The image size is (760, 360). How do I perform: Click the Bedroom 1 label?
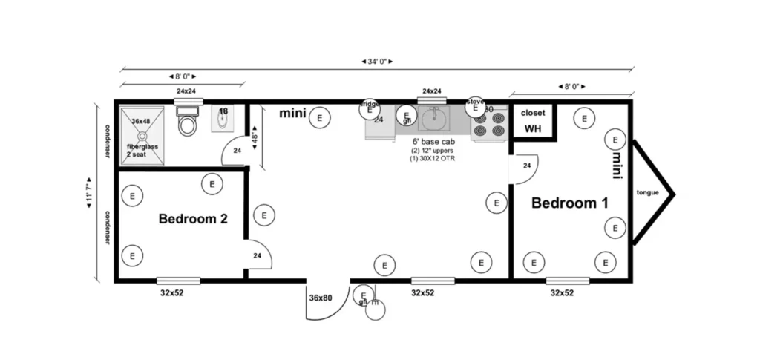pyautogui.click(x=565, y=203)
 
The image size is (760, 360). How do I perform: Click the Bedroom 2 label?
pyautogui.click(x=192, y=219)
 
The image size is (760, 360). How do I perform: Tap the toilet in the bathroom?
pyautogui.click(x=188, y=123)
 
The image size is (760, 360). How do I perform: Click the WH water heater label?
pyautogui.click(x=533, y=128)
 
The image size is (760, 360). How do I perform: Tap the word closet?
pyautogui.click(x=533, y=113)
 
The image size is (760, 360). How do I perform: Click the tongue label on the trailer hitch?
pyautogui.click(x=648, y=193)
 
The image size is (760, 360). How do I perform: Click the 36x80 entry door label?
pyautogui.click(x=320, y=298)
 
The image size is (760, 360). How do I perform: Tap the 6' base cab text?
pyautogui.click(x=433, y=141)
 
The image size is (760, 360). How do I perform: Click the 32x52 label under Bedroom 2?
pyautogui.click(x=172, y=293)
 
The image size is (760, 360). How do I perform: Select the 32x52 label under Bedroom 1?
pyautogui.click(x=561, y=293)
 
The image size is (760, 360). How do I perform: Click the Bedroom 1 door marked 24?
pyautogui.click(x=525, y=166)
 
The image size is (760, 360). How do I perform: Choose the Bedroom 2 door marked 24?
pyautogui.click(x=258, y=255)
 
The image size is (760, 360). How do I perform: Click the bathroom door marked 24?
pyautogui.click(x=237, y=150)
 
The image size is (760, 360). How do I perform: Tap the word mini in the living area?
pyautogui.click(x=293, y=114)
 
